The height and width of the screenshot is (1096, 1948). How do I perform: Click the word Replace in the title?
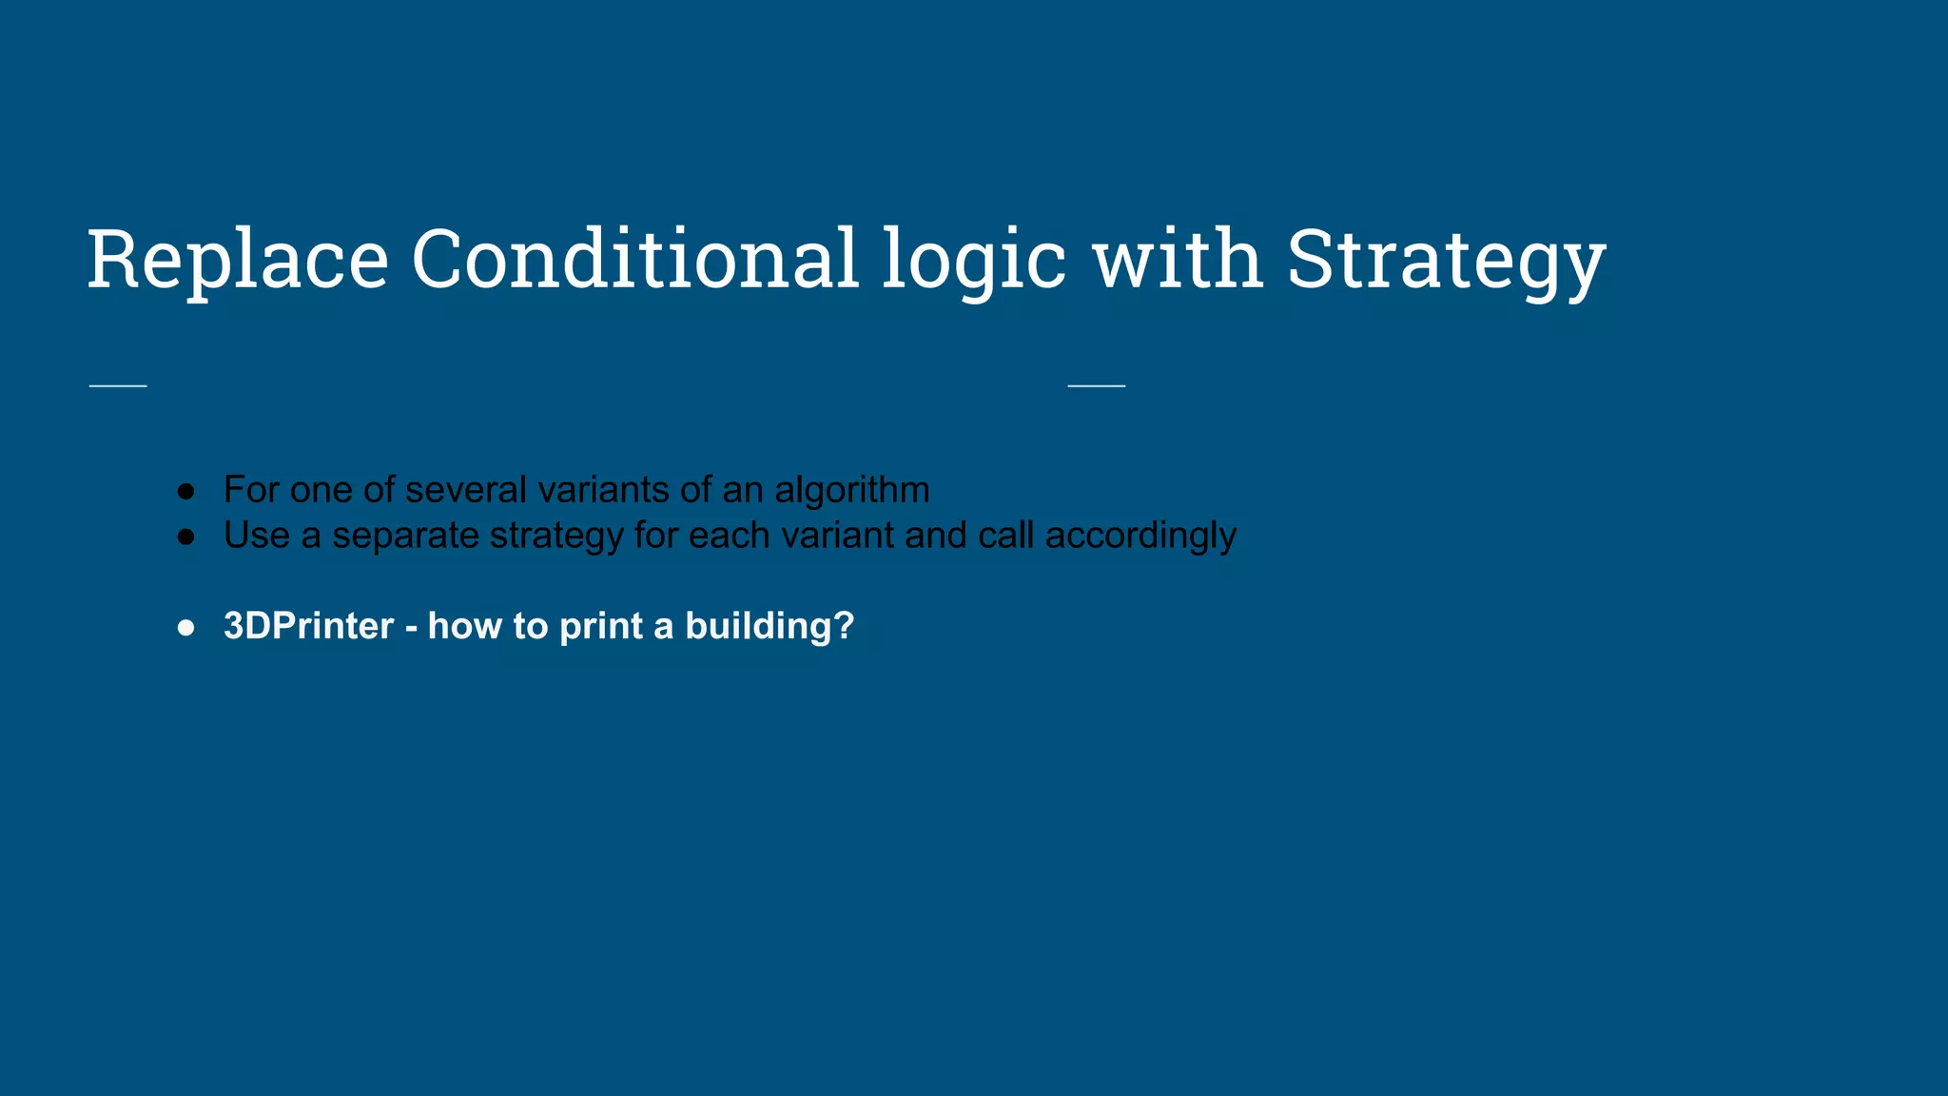pos(238,259)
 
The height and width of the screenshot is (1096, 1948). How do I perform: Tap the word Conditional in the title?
pos(635,259)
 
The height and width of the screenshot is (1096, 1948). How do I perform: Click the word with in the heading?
pos(1178,259)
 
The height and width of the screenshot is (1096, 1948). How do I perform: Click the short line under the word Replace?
pos(118,385)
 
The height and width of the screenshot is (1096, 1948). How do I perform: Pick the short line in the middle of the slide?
pos(1097,385)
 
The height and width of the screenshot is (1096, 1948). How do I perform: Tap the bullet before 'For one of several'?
pos(186,491)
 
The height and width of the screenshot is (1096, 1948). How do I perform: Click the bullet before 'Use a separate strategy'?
pos(186,537)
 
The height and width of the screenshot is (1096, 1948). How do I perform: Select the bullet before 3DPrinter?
pos(186,628)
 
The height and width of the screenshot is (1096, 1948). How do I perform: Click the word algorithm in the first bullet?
pos(851,490)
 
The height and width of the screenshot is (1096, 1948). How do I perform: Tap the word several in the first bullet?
pos(466,490)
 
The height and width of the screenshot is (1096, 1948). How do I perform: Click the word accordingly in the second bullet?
pos(1140,536)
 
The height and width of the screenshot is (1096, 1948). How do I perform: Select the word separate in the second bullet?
pos(405,536)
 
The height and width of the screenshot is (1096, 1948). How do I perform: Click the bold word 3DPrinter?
pos(308,626)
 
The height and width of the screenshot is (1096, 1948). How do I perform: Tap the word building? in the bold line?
pos(769,626)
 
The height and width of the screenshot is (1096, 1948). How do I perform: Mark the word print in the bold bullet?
pos(601,626)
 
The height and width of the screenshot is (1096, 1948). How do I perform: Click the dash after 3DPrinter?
pos(411,628)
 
